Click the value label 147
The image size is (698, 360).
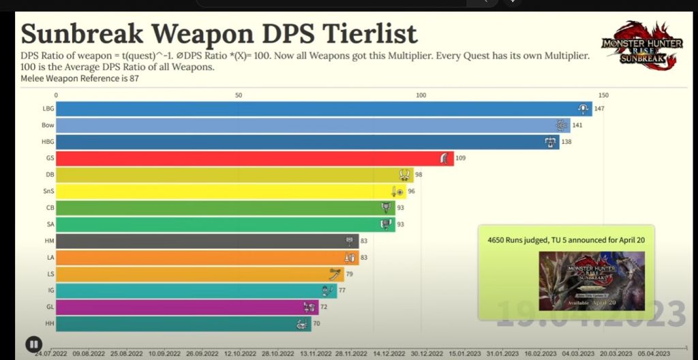[x=599, y=108]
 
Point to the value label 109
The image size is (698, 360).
[x=460, y=158]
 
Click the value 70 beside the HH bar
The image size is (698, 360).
[x=316, y=323]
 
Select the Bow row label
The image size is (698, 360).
[x=47, y=125]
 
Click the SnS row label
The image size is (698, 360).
[x=47, y=192]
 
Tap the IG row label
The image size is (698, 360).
[x=49, y=290]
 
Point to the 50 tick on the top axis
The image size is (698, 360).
[x=239, y=95]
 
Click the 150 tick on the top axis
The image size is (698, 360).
[x=603, y=95]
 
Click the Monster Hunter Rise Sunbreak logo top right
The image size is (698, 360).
[x=642, y=45]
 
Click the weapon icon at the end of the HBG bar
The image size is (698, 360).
[x=550, y=142]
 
